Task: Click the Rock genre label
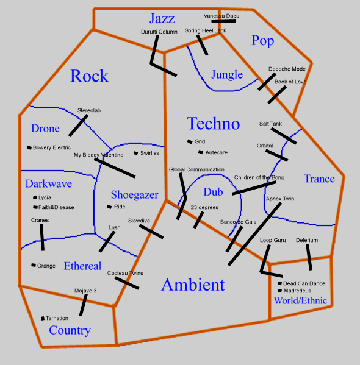89,76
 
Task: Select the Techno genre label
213,124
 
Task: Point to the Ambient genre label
193,285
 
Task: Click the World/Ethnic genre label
300,300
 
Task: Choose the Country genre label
70,330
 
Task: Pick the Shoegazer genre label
134,195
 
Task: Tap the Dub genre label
213,191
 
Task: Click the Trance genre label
319,179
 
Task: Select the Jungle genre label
227,75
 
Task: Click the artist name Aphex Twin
280,199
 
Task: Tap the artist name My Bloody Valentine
98,155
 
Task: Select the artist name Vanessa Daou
221,15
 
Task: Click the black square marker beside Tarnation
42,318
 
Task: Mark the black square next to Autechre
200,152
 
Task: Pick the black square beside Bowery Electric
29,147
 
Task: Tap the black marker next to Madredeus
279,291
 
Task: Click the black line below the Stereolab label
78,125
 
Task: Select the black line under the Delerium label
309,257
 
